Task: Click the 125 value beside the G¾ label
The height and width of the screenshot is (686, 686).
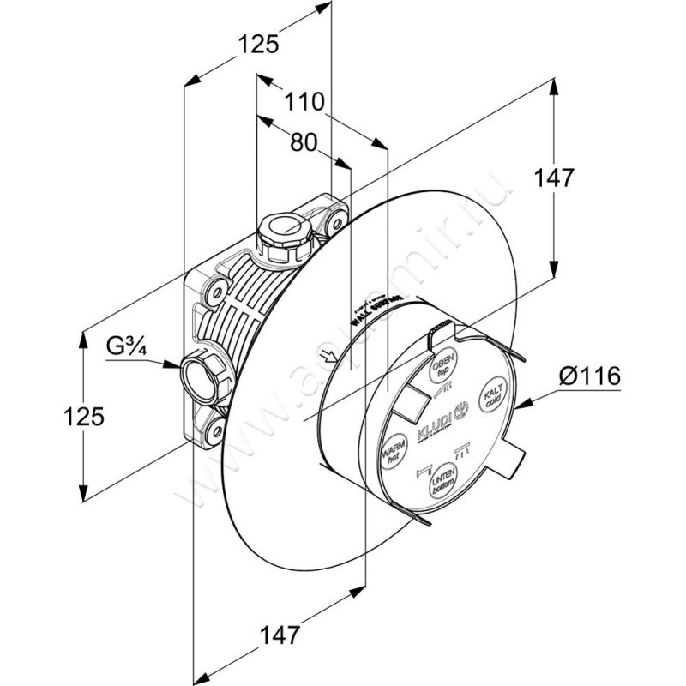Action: [83, 417]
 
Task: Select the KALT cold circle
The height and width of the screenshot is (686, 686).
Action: [495, 397]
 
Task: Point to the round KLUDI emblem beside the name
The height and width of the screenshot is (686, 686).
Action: [460, 412]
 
